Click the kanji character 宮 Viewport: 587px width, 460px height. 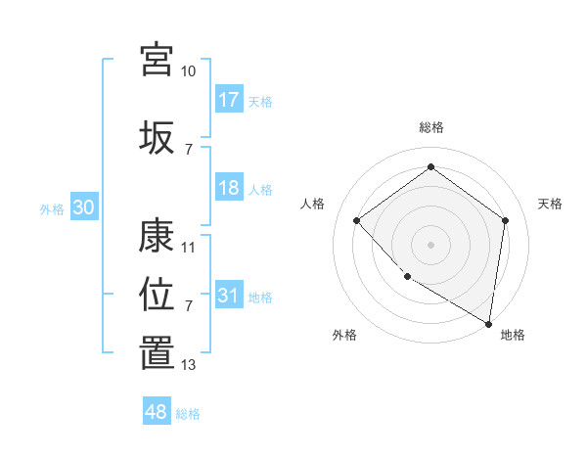[157, 59]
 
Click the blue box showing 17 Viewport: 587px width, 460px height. [229, 99]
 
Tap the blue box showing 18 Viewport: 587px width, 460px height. [229, 188]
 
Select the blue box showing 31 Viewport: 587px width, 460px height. [229, 296]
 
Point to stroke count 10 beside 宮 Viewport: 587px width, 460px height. [188, 71]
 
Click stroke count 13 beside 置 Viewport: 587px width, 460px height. [189, 365]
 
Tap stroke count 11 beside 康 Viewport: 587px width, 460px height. [189, 248]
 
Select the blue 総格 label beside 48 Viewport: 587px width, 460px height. [188, 413]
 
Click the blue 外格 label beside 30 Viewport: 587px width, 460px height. [52, 208]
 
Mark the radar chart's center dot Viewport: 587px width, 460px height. [430, 244]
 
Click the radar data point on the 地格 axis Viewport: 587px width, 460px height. [488, 323]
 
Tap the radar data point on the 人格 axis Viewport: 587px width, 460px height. [357, 220]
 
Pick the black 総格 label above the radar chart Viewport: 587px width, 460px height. [431, 127]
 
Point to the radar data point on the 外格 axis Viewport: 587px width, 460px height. [407, 277]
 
